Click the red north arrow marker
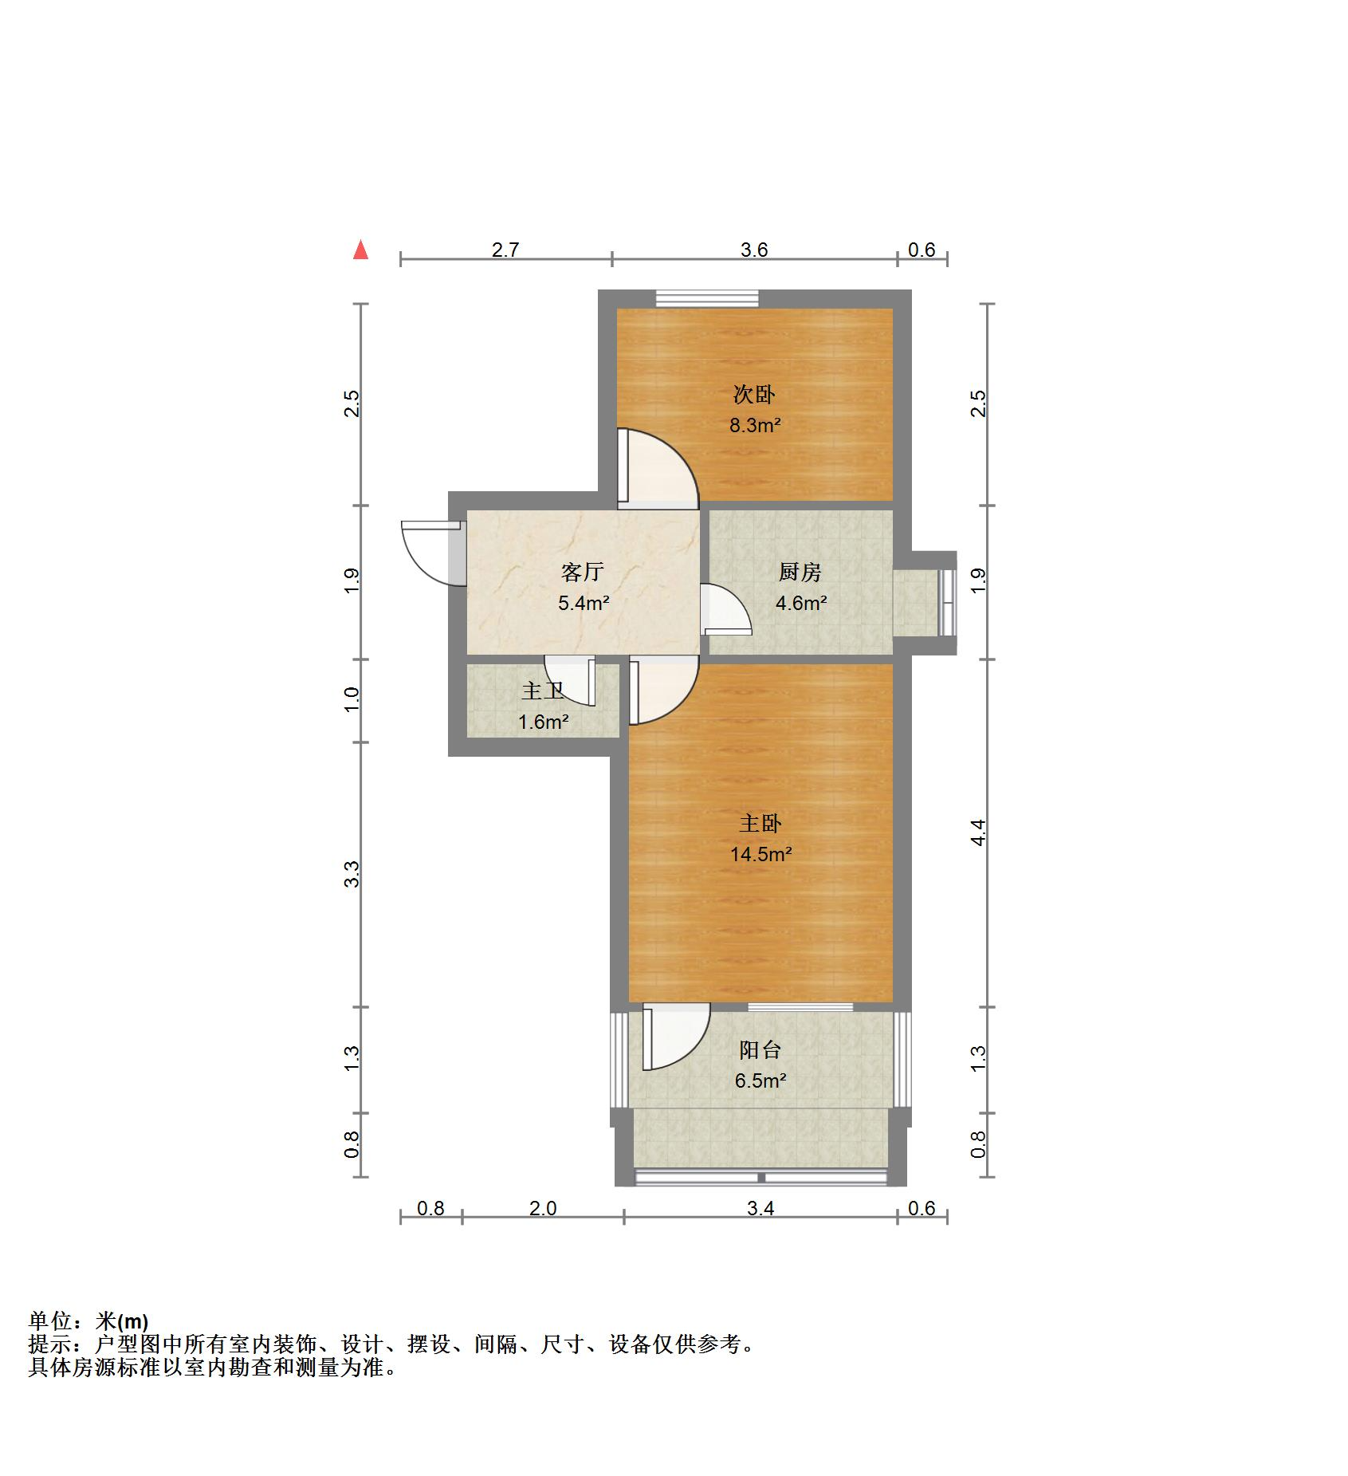pyautogui.click(x=361, y=250)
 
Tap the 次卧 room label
pyautogui.click(x=754, y=394)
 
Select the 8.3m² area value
pyautogui.click(x=755, y=425)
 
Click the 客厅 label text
pyautogui.click(x=583, y=572)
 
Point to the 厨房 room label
pyautogui.click(x=800, y=572)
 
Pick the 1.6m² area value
pyautogui.click(x=544, y=722)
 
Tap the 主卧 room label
pyautogui.click(x=760, y=823)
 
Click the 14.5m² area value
pyautogui.click(x=761, y=854)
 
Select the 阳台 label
pyautogui.click(x=760, y=1050)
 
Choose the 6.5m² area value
pyautogui.click(x=760, y=1081)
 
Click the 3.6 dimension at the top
pyautogui.click(x=754, y=250)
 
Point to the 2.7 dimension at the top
pyautogui.click(x=505, y=250)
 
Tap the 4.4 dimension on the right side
pyautogui.click(x=980, y=832)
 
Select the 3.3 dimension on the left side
pyautogui.click(x=352, y=874)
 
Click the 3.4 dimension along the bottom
pyautogui.click(x=760, y=1209)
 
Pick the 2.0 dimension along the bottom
pyautogui.click(x=543, y=1209)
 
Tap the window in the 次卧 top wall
pyautogui.click(x=707, y=299)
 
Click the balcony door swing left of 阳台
pyautogui.click(x=674, y=1037)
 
